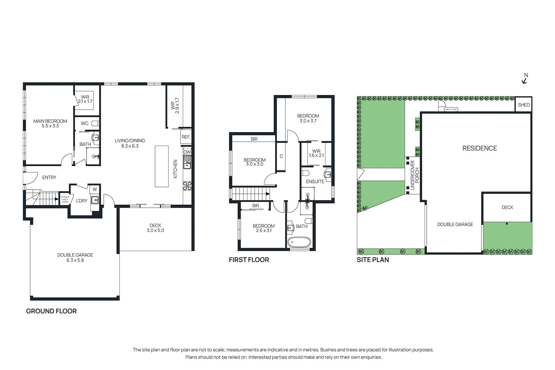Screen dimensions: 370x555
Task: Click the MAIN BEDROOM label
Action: coord(50,121)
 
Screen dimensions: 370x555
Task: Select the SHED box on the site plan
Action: coord(523,105)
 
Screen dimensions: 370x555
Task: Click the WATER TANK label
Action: coord(451,110)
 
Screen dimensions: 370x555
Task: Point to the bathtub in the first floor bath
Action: coord(299,242)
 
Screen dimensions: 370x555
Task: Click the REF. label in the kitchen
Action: coord(186,137)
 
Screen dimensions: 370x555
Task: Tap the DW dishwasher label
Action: coord(187,152)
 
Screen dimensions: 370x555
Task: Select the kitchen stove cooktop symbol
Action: coord(187,186)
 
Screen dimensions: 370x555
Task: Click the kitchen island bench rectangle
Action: coord(162,166)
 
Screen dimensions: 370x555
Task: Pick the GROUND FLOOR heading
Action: coord(51,311)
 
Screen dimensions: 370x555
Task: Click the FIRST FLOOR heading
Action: coord(249,260)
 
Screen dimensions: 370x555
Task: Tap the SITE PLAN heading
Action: coord(373,260)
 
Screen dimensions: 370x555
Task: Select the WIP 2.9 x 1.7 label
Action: coord(175,106)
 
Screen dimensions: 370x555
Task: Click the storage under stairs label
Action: coord(65,199)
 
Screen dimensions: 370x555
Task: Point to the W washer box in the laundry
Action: coord(95,189)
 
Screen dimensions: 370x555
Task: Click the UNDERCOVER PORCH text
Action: coord(415,175)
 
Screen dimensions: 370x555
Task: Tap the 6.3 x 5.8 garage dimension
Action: coord(75,260)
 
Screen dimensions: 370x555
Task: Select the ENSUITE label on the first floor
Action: coord(315,181)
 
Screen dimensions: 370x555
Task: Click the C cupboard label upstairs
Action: coord(281,156)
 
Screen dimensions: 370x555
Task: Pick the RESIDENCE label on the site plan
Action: coord(479,148)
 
